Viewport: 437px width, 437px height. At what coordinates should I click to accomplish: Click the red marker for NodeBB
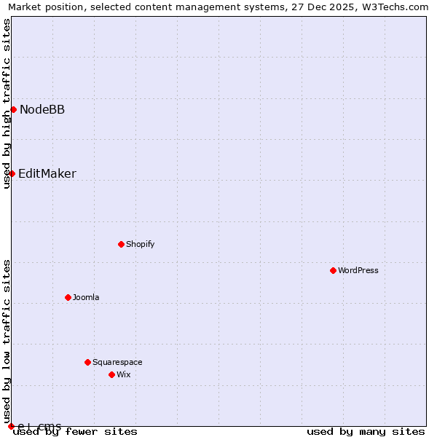tap(13, 109)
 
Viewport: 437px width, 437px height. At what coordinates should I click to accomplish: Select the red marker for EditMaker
tap(12, 173)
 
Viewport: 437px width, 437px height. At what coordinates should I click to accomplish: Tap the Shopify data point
tap(121, 244)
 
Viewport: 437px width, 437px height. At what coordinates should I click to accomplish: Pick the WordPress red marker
tap(333, 270)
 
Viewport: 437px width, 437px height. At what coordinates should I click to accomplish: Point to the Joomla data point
tap(68, 297)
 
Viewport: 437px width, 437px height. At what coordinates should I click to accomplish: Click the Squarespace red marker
tap(87, 362)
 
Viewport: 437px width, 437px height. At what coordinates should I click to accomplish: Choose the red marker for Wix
tap(111, 374)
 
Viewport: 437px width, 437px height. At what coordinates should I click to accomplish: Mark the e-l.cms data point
tap(11, 426)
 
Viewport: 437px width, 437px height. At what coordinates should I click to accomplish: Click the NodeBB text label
tap(42, 110)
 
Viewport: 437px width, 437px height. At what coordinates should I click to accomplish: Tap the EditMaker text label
tap(47, 174)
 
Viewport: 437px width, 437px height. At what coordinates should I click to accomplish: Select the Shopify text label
tap(140, 245)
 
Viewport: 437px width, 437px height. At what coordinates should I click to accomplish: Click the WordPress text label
tap(358, 271)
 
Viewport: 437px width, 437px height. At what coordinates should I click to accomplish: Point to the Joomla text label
tap(86, 298)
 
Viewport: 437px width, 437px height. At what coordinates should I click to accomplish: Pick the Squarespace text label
tap(117, 363)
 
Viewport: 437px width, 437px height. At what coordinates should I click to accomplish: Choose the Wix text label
tap(123, 375)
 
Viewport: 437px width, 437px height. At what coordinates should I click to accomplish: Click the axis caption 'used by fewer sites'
tap(75, 432)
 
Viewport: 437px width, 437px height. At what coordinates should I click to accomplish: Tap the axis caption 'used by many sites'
tap(366, 432)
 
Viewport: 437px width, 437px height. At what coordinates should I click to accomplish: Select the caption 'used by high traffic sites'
tap(7, 103)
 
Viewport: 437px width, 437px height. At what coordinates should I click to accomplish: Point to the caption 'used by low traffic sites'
tap(7, 335)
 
